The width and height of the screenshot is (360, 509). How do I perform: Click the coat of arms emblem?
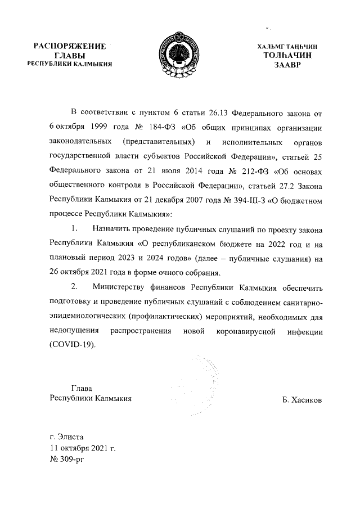point(180,55)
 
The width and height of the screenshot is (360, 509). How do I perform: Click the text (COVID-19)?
point(73,345)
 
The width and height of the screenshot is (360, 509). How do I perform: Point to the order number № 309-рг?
point(66,460)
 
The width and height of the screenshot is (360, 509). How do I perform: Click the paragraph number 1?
point(75,230)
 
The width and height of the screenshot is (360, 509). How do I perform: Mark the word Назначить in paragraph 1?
point(112,230)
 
